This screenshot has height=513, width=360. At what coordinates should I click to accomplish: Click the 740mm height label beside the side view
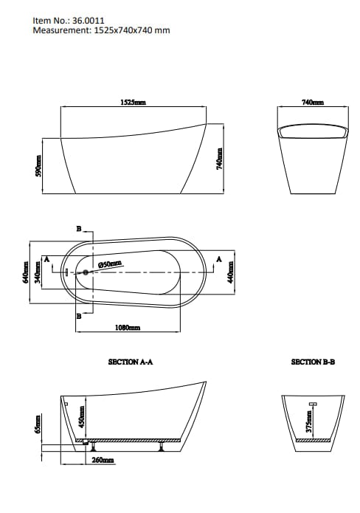coord(218,157)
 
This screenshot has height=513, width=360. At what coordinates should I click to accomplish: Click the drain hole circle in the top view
coord(86,273)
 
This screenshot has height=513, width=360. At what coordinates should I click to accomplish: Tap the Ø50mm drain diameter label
coord(109,264)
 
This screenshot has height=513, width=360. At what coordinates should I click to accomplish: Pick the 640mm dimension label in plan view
coord(26,272)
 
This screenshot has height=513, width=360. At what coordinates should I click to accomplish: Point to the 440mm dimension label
coord(231,272)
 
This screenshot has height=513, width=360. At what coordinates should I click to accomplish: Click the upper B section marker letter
coord(80,230)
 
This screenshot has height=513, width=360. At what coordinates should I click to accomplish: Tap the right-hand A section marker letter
coord(218,258)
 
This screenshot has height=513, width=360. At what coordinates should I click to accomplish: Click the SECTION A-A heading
coord(130,362)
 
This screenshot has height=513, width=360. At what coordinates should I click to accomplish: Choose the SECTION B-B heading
coord(313,362)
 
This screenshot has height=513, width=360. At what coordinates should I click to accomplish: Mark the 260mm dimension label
coord(103,460)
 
